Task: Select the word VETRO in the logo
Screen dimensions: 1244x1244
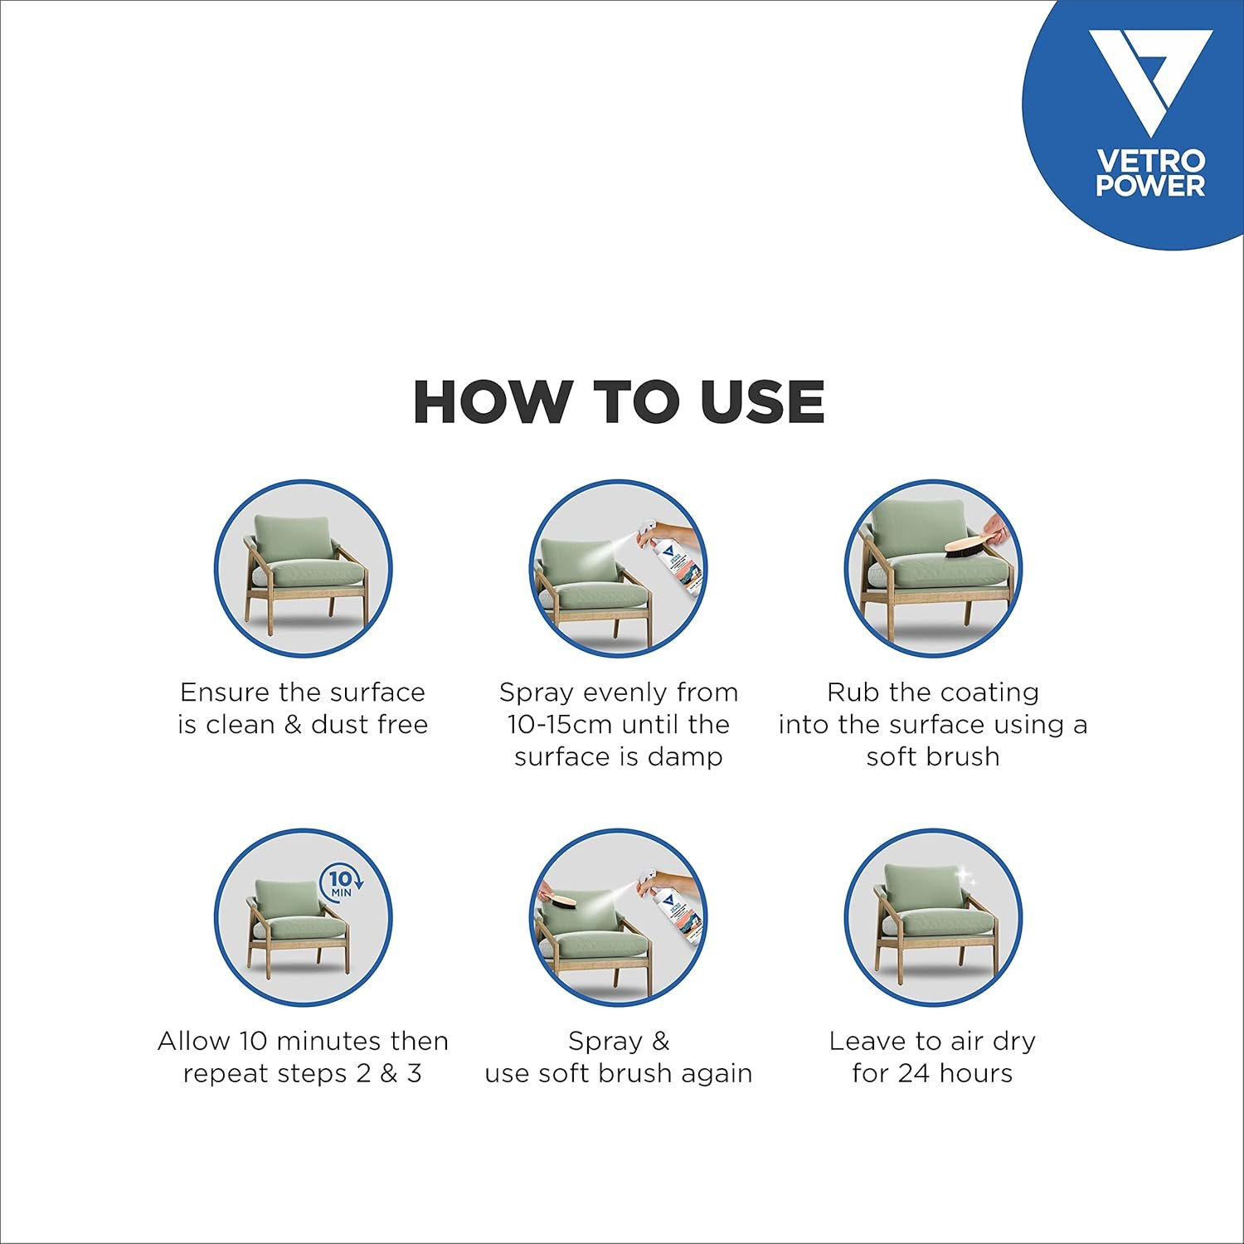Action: coord(1150,161)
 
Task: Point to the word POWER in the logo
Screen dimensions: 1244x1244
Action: coord(1150,185)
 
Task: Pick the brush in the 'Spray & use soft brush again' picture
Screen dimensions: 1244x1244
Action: coord(565,903)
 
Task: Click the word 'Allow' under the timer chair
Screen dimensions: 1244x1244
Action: coord(194,1041)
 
